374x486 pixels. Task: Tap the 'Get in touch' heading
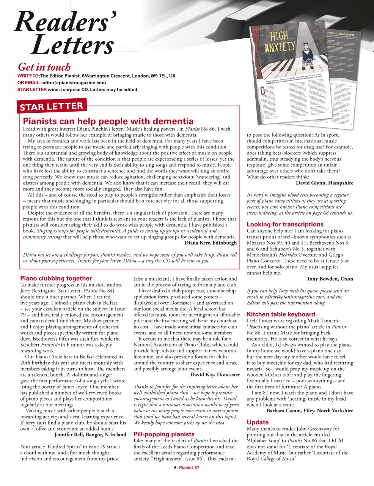pos(44,67)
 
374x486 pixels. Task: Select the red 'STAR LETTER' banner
pos(51,106)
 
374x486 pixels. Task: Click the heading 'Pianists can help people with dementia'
pos(108,121)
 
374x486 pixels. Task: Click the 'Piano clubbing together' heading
pos(56,278)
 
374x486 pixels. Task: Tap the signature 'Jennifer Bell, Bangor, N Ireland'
pos(90,434)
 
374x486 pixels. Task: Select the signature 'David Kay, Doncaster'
pos(215,374)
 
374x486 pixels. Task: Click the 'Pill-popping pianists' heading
pos(164,434)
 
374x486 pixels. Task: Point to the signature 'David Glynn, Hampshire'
pos(324,183)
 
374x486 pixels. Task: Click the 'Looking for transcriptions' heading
pos(285,224)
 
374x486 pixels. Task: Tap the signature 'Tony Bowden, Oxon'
pos(330,279)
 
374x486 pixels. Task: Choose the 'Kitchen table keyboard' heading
pos(281,314)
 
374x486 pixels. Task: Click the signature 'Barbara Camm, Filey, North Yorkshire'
pos(310,410)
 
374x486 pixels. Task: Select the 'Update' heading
pos(258,422)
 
